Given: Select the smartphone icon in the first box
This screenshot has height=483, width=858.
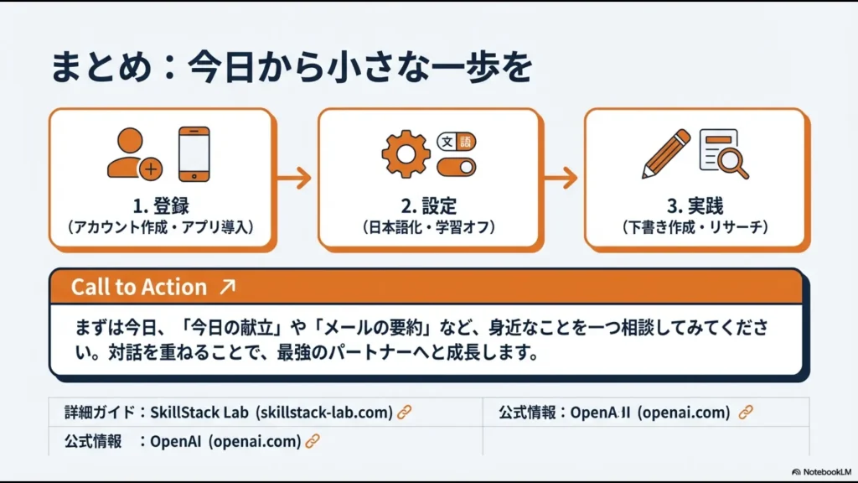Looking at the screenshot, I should click(x=194, y=153).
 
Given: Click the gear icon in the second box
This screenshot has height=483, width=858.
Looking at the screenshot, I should click(x=406, y=153).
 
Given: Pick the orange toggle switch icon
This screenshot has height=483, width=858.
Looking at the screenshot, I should click(x=457, y=166).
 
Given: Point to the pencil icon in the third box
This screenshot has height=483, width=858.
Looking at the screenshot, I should click(x=666, y=153).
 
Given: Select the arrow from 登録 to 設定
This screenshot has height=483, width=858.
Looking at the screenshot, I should click(x=294, y=178).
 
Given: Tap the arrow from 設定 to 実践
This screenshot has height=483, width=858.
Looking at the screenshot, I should click(x=561, y=178).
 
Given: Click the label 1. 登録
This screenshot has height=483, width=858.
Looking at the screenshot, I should click(x=161, y=206).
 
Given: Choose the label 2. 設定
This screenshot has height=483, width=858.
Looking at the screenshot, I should click(x=428, y=206).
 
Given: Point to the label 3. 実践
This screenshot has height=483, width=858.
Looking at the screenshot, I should click(x=695, y=206).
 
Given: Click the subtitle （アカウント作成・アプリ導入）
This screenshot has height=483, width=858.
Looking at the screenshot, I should click(x=161, y=227).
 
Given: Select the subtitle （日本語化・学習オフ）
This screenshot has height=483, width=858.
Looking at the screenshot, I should click(x=428, y=227).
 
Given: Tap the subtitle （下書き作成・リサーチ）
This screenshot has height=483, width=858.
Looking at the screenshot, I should click(x=695, y=227).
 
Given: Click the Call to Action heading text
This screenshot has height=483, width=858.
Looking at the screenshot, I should click(x=138, y=287).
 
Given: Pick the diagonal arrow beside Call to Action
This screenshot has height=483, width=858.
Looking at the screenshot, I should click(x=226, y=287).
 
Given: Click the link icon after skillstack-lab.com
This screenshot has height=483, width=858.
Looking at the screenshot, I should click(x=405, y=412).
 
